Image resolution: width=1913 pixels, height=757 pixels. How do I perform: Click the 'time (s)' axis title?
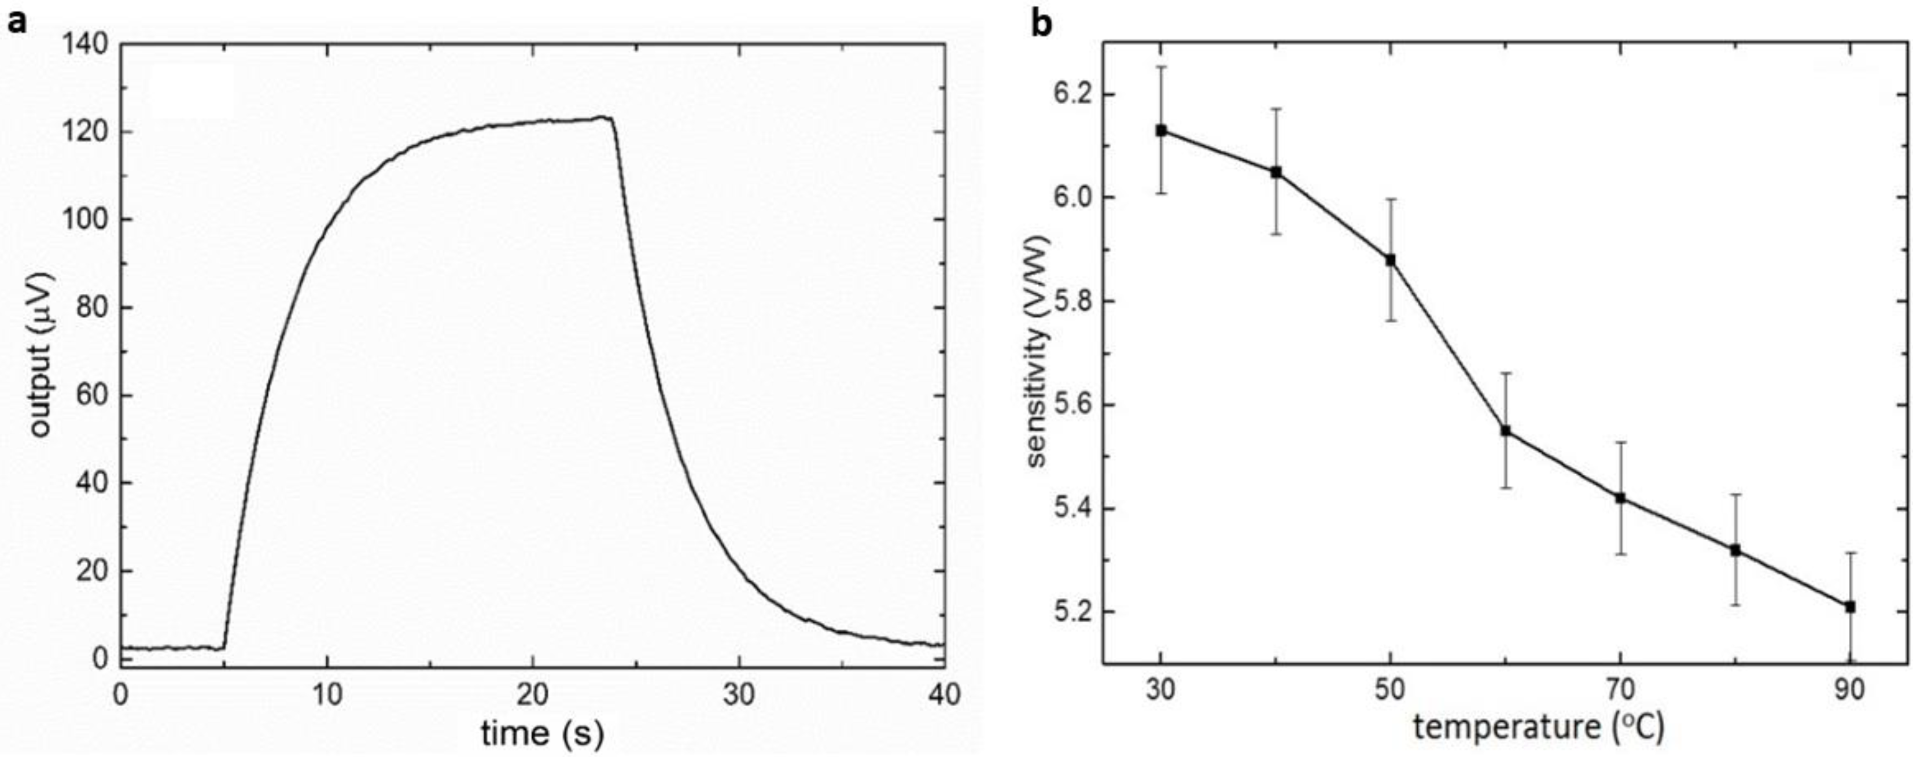[x=542, y=734]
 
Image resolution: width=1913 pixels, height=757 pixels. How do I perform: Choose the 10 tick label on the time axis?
[x=327, y=695]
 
